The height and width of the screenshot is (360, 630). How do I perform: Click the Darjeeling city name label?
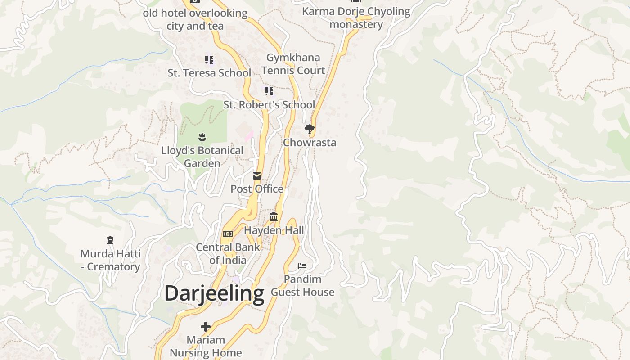point(214,293)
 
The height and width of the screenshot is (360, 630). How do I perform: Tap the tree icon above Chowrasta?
point(309,129)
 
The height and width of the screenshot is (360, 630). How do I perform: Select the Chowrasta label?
point(310,143)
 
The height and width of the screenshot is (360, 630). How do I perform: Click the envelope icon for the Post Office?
point(257,176)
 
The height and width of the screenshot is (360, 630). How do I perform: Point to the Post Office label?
point(257,189)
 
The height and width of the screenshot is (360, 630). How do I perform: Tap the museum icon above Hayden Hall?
point(274,217)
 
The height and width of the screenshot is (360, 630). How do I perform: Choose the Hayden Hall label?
point(274,230)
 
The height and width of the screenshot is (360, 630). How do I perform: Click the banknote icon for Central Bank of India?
point(228,234)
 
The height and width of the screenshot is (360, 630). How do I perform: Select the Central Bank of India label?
point(228,253)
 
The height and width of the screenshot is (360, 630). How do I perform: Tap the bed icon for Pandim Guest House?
point(302,266)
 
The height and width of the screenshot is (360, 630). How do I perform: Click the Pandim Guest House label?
point(302,286)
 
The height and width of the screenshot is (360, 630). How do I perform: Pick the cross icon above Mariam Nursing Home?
point(206,326)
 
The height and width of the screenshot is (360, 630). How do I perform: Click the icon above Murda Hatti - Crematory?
point(110,240)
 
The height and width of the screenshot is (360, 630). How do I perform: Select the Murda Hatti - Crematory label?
point(110,260)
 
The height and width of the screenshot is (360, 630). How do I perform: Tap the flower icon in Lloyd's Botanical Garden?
point(202,137)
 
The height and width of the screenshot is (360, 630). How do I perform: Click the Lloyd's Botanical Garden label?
point(202,157)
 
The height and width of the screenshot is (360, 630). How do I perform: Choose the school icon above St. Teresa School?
point(209,59)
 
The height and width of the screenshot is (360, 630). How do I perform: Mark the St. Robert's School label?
point(269,105)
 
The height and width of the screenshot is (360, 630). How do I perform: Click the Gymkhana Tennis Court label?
point(293,64)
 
